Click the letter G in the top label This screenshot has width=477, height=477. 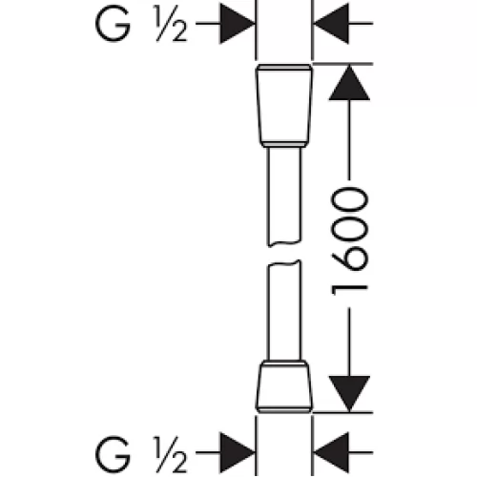[x=113, y=24]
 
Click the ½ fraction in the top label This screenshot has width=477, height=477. [x=171, y=24]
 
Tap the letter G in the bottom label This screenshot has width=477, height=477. [x=113, y=454]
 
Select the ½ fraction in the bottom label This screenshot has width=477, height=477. [x=171, y=454]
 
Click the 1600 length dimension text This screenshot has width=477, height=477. [x=349, y=241]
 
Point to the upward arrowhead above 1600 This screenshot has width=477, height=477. [x=349, y=83]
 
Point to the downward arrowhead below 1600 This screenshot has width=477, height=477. [x=349, y=394]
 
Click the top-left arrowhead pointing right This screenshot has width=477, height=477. [x=238, y=24]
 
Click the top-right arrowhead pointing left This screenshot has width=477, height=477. [x=331, y=24]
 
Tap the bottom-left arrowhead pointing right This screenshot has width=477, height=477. [x=238, y=452]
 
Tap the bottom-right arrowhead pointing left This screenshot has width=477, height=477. [x=331, y=452]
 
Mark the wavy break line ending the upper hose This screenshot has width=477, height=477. [x=284, y=244]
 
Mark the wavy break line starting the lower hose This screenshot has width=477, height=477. [x=284, y=263]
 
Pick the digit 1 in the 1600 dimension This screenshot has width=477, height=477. [x=349, y=290]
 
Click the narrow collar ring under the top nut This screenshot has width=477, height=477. [x=284, y=145]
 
